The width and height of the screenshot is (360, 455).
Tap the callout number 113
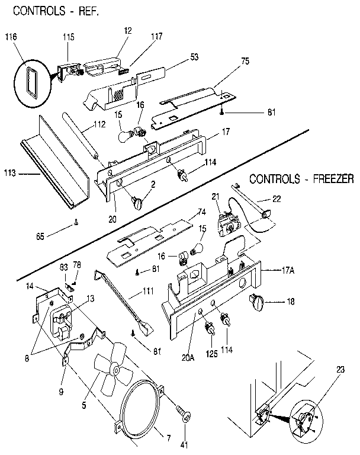click(x=9, y=175)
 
